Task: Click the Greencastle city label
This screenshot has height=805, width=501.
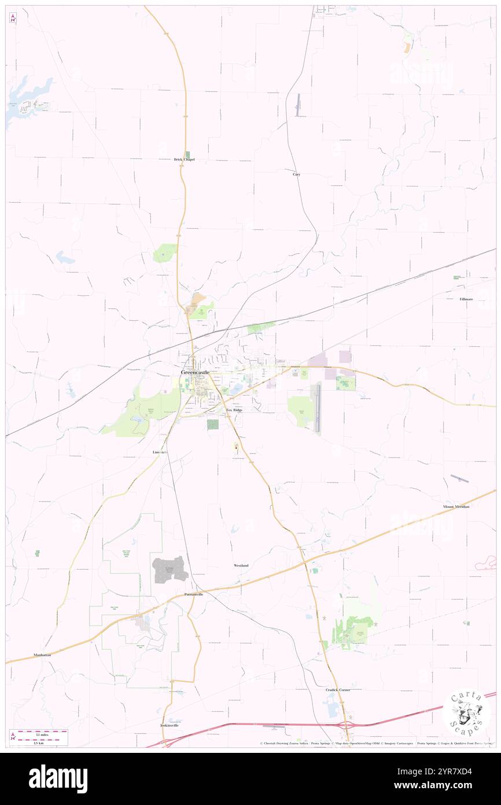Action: coord(195,372)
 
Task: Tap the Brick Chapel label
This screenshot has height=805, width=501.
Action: coord(185,159)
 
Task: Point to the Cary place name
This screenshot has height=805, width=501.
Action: coord(296,174)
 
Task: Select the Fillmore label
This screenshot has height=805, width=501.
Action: coord(466,299)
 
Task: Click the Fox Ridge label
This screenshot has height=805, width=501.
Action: coord(234,410)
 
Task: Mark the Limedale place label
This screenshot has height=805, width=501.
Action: coord(160,452)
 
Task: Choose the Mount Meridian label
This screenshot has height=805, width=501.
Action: coord(456,506)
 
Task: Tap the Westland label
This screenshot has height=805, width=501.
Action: coord(241,565)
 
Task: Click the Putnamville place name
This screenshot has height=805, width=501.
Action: coord(194,595)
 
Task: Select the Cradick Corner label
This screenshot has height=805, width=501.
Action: coord(338,690)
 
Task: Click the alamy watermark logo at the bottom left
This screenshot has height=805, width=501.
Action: coord(58,779)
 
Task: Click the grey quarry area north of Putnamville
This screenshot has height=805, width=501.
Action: coord(170,569)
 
